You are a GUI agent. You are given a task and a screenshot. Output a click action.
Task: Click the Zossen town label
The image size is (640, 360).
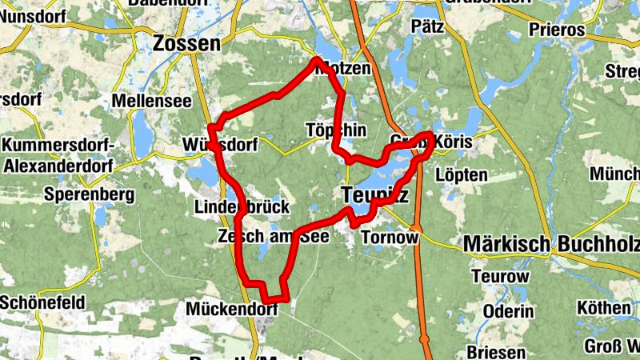[x=186, y=43]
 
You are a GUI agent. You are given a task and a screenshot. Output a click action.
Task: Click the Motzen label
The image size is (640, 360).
[x=344, y=70]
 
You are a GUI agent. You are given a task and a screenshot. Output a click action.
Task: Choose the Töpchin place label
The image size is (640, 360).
[x=336, y=130]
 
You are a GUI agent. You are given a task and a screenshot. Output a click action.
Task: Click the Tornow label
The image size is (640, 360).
[x=390, y=238]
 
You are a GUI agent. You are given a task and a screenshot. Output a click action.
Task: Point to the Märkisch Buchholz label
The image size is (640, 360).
[x=551, y=244]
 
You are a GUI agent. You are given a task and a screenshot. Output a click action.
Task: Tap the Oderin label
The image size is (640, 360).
[x=508, y=311]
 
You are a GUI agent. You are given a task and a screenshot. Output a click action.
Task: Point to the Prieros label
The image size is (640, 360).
[x=558, y=30]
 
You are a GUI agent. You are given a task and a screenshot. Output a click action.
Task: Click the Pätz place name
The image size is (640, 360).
[x=427, y=26]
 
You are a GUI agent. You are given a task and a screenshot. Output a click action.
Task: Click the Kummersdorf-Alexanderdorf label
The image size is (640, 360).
[x=59, y=156]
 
